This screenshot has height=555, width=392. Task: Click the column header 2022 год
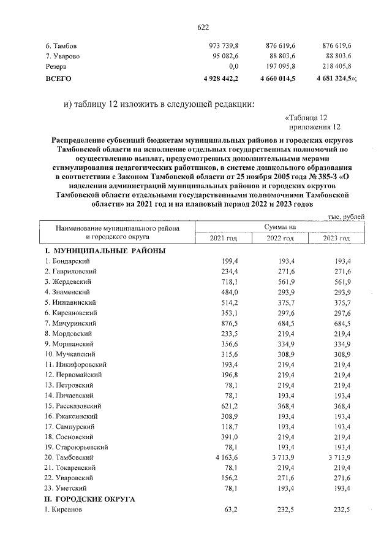click(280, 239)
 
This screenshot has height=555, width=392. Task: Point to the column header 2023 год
click(336, 239)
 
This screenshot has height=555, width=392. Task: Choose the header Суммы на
click(280, 226)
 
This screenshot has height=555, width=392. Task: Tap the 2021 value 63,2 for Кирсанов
click(230, 510)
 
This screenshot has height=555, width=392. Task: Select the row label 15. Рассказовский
click(75, 405)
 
